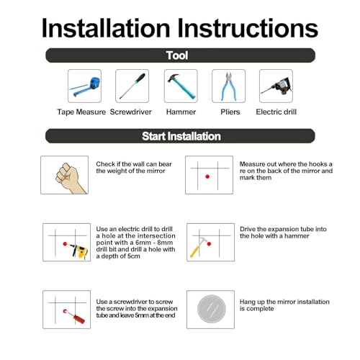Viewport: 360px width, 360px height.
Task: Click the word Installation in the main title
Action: click(106, 28)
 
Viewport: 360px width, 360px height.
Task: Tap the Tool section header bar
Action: click(180, 55)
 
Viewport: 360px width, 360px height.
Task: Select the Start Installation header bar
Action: click(180, 136)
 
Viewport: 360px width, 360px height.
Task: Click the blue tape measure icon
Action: click(85, 86)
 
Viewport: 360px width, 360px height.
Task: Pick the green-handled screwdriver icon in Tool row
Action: click(132, 86)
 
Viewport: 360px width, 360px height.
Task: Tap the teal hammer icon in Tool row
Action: click(181, 86)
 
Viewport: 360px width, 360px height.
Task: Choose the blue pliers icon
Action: click(229, 86)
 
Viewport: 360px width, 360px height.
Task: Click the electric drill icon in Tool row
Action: click(276, 86)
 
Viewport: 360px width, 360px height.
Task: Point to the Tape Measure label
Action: click(81, 112)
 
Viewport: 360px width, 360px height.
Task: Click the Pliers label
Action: click(230, 112)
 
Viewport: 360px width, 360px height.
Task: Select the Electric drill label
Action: click(276, 112)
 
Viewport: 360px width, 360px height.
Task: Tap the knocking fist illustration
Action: click(71, 178)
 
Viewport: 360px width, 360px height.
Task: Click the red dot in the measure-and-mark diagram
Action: click(207, 176)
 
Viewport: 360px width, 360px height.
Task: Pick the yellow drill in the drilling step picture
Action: click(78, 251)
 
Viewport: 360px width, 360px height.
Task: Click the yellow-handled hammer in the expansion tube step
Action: click(199, 248)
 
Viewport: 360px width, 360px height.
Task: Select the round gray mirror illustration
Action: click(212, 309)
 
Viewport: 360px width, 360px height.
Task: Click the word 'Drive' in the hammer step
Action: click(248, 229)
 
